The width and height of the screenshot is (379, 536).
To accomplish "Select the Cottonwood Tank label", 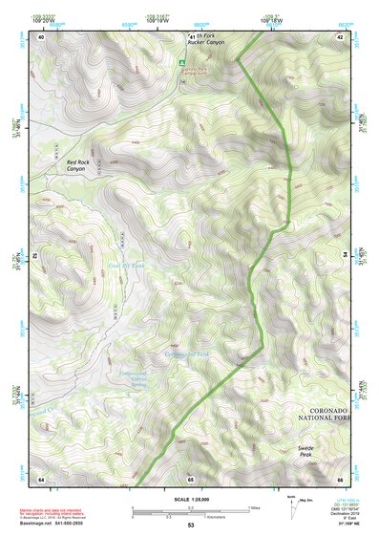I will click(x=187, y=354).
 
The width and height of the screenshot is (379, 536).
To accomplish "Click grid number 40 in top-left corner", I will click(x=41, y=36).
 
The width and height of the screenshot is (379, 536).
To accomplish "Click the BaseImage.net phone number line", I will click(x=57, y=523).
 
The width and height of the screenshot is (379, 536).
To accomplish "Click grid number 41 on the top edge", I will click(x=191, y=36).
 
